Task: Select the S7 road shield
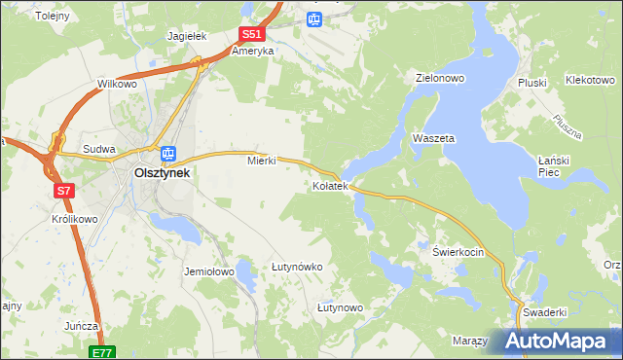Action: tap(63, 191)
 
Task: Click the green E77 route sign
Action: tap(104, 351)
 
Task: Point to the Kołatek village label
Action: tap(329, 186)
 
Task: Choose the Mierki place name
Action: tap(262, 161)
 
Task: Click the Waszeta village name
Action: tap(433, 139)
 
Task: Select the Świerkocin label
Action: tap(458, 251)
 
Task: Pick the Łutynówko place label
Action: tap(297, 266)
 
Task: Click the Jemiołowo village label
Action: tap(209, 272)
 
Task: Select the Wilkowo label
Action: tap(117, 85)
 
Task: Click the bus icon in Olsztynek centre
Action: tap(168, 153)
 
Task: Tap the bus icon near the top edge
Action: tap(313, 18)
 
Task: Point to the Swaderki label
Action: tap(543, 312)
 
